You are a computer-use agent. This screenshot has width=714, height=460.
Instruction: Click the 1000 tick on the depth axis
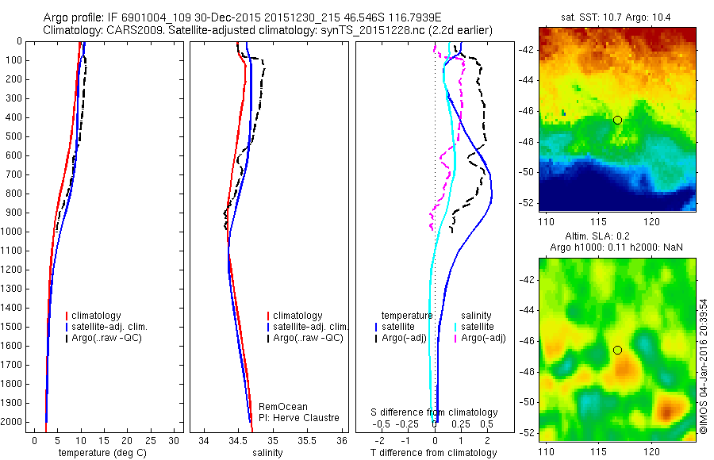[x=13, y=232]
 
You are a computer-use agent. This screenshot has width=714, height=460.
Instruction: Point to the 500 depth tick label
[x=13, y=136]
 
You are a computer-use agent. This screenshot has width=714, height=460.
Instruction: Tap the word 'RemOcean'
[x=278, y=407]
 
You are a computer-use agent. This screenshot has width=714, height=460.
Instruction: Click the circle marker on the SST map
[x=617, y=120]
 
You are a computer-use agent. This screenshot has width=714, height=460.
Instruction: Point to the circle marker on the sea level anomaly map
[x=617, y=350]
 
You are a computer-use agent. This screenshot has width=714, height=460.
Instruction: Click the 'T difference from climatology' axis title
[x=434, y=453]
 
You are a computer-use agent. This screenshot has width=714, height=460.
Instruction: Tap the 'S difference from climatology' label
[x=435, y=412]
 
